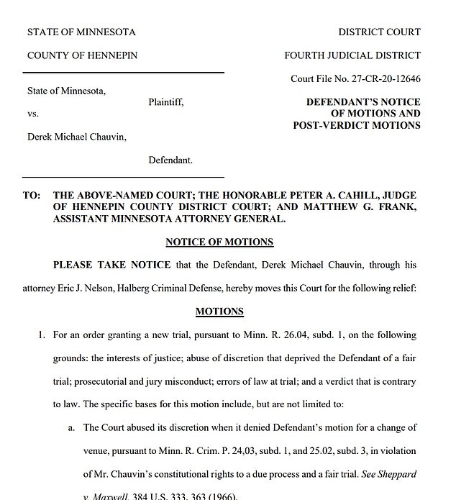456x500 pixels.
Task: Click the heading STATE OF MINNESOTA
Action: tap(81, 32)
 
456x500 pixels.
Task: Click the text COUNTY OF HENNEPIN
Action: tap(82, 55)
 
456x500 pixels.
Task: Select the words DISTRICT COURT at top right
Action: tap(379, 32)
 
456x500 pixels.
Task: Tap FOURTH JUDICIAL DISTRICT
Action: tap(352, 55)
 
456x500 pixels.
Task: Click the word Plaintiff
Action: tap(166, 102)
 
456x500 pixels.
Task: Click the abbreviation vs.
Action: tap(33, 114)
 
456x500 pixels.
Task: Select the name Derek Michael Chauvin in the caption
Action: tap(76, 137)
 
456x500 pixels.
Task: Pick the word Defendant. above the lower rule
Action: tap(170, 160)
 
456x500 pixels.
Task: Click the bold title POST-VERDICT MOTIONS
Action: tap(357, 125)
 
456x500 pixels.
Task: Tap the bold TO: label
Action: tap(31, 196)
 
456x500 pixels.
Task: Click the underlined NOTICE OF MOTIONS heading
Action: tap(219, 242)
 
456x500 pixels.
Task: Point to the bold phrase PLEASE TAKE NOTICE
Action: tap(111, 265)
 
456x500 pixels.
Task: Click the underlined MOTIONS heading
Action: tap(219, 312)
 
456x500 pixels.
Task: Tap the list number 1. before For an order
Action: tap(42, 335)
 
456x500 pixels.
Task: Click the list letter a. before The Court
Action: tap(72, 427)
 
